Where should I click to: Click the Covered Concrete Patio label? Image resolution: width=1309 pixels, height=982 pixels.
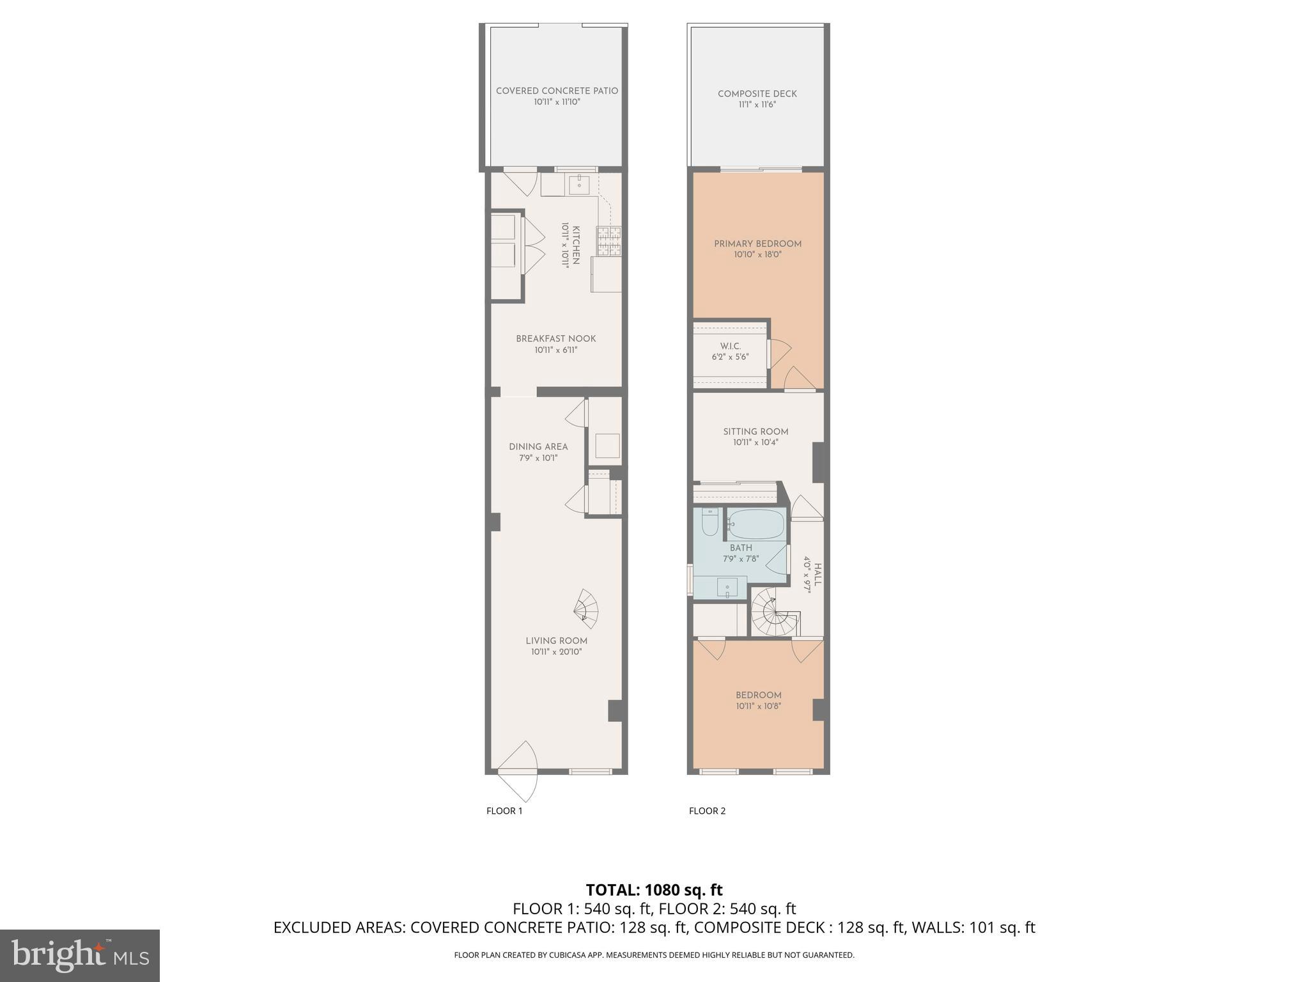point(557,91)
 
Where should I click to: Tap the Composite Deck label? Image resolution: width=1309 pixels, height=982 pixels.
point(757,94)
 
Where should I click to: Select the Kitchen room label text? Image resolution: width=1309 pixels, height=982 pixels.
point(576,245)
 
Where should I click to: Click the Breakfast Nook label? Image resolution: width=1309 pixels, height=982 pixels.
point(555,339)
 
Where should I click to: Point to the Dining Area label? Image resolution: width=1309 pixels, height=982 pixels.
point(538,447)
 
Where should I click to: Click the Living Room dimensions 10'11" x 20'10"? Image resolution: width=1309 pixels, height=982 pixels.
point(556,652)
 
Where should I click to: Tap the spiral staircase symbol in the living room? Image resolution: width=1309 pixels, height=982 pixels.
point(586,609)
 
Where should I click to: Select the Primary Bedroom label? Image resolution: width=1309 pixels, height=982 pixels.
point(757,244)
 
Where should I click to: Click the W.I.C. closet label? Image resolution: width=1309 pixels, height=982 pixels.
point(730,346)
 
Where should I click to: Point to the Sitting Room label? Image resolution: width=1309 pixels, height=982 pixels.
point(755,432)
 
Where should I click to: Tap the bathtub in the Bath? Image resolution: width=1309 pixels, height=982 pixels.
point(756,524)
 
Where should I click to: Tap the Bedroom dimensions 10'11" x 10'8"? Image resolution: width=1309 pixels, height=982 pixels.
point(758,706)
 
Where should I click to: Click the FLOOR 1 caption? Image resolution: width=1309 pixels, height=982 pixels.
point(504,811)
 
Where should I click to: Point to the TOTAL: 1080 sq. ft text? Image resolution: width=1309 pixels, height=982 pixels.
point(654,890)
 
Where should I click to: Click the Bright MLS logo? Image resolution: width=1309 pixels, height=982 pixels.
point(80,955)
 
